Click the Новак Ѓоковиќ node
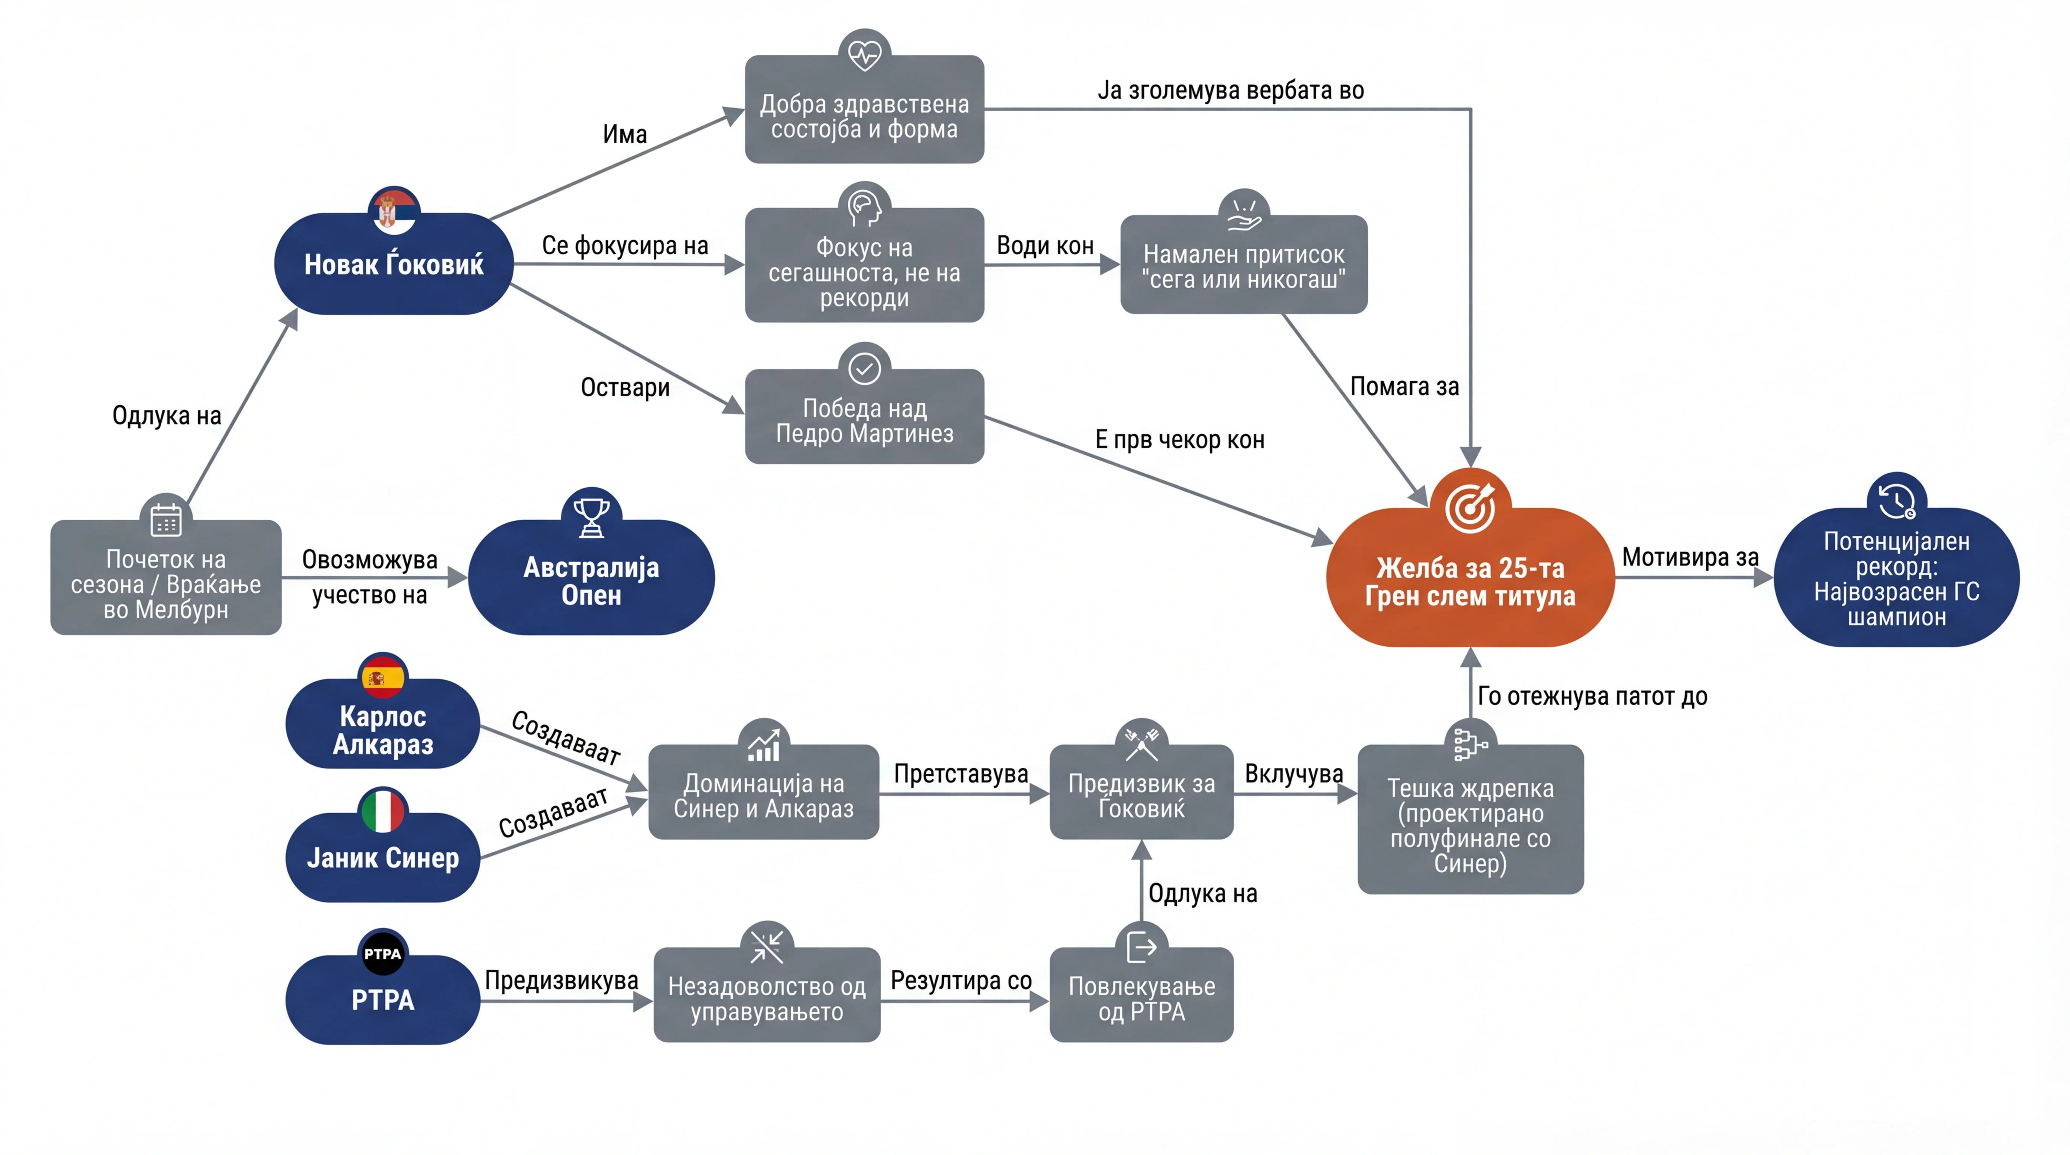pyautogui.click(x=394, y=264)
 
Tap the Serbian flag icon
pyautogui.click(x=394, y=211)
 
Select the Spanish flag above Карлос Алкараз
pyautogui.click(x=382, y=677)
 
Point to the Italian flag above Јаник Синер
pyautogui.click(x=382, y=811)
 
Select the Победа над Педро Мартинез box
pyautogui.click(x=865, y=416)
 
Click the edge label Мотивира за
pyautogui.click(x=1690, y=556)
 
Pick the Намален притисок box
pyautogui.click(x=1244, y=264)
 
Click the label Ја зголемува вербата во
pyautogui.click(x=1230, y=90)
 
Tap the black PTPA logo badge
pyautogui.click(x=382, y=953)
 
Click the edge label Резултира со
pyautogui.click(x=961, y=981)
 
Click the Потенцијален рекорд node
pyautogui.click(x=1896, y=577)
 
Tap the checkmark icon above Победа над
pyautogui.click(x=865, y=369)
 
